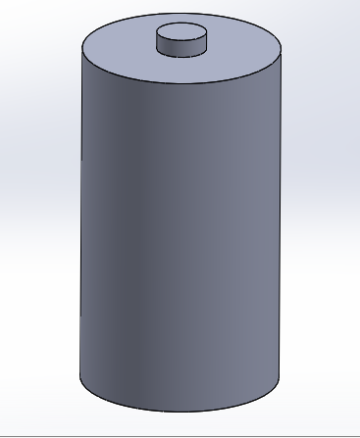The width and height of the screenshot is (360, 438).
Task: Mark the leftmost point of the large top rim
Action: [79, 49]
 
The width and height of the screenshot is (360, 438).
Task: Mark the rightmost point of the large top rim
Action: [282, 49]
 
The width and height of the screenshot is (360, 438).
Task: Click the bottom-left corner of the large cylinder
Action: [80, 377]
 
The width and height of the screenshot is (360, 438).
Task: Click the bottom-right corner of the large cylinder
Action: [281, 377]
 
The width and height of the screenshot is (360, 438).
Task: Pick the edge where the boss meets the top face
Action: [183, 56]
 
